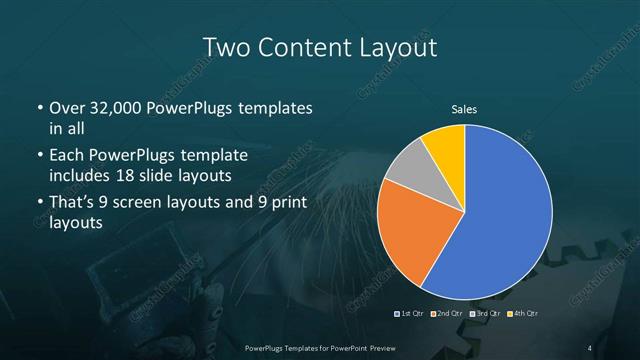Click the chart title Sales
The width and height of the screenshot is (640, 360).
pyautogui.click(x=464, y=109)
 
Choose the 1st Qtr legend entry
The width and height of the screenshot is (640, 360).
pyautogui.click(x=411, y=314)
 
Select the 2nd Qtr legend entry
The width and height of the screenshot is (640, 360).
pyautogui.click(x=447, y=314)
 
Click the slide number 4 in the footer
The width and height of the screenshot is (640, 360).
pyautogui.click(x=590, y=348)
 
